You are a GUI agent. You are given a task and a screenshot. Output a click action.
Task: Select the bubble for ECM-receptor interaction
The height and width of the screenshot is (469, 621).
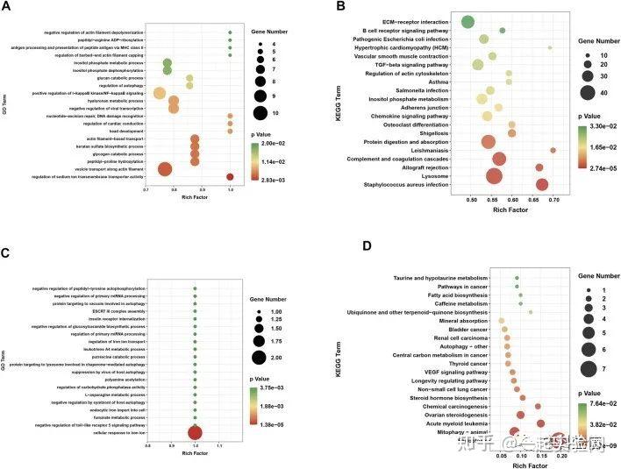(x=468, y=22)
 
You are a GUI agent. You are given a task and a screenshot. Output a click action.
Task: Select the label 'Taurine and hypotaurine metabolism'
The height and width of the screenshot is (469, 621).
(x=435, y=278)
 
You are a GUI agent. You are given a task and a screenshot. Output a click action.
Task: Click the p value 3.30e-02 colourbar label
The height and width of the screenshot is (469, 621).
(x=595, y=128)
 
